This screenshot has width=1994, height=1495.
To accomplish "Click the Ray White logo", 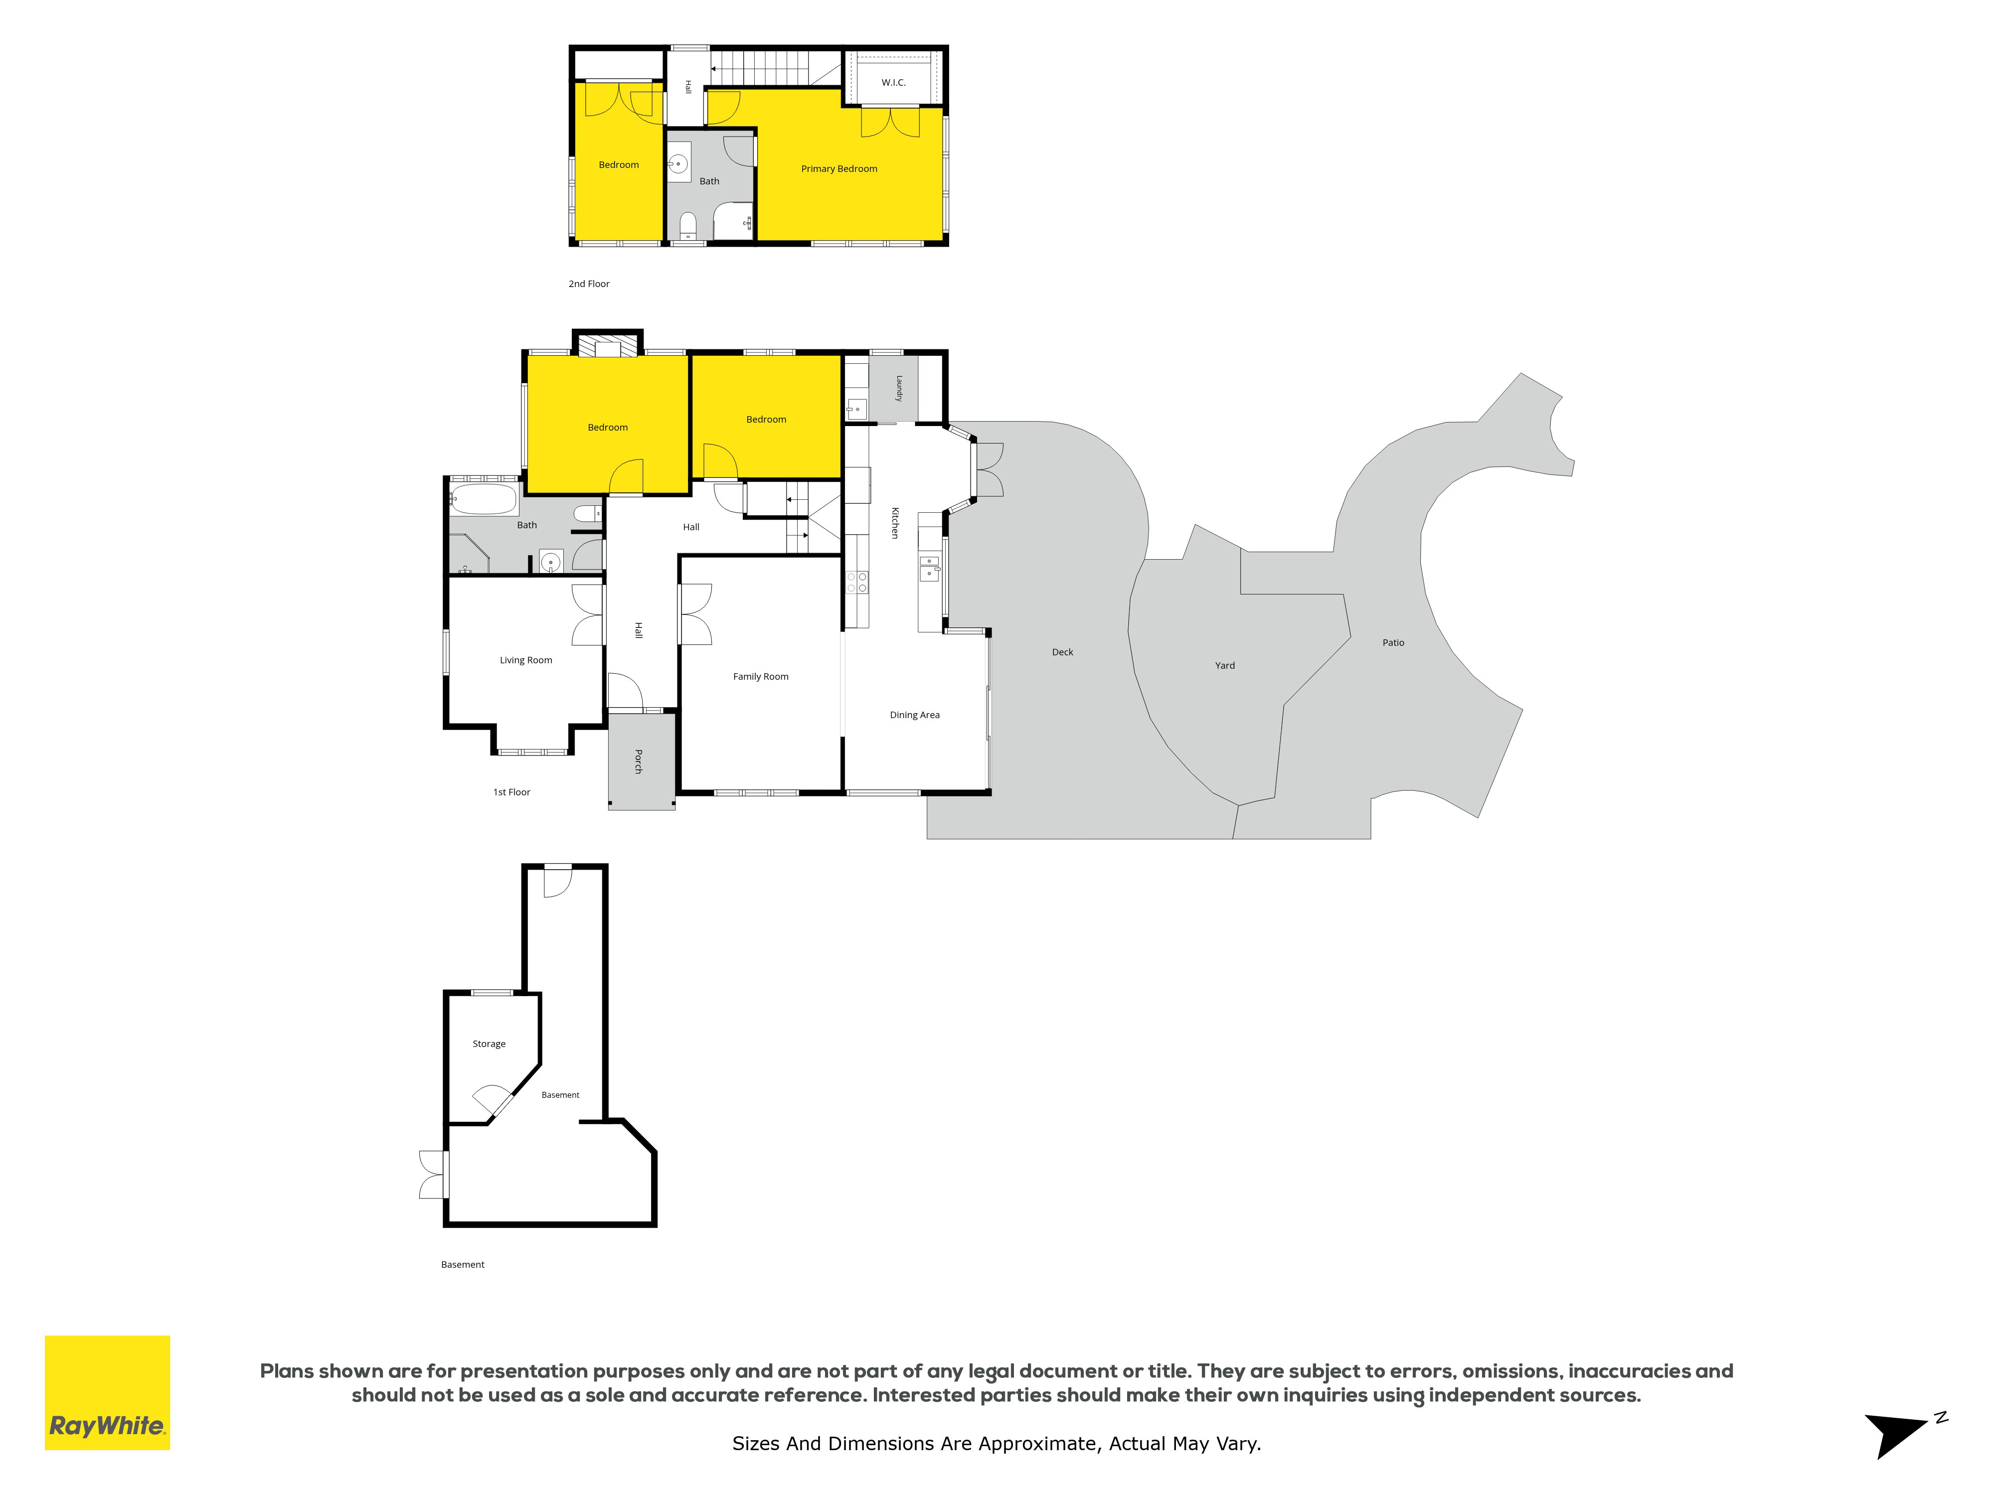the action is pos(107,1392).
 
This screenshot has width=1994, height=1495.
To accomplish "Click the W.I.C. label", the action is pos(893,83).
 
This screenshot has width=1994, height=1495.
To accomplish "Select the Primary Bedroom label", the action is pos(839,168).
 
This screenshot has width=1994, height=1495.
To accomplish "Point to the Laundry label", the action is pos(899,388).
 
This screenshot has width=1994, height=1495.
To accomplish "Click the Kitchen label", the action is pos(895,523).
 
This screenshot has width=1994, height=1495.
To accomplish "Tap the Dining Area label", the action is pos(914,715).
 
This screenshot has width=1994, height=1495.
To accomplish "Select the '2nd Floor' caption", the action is pos(589,284).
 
